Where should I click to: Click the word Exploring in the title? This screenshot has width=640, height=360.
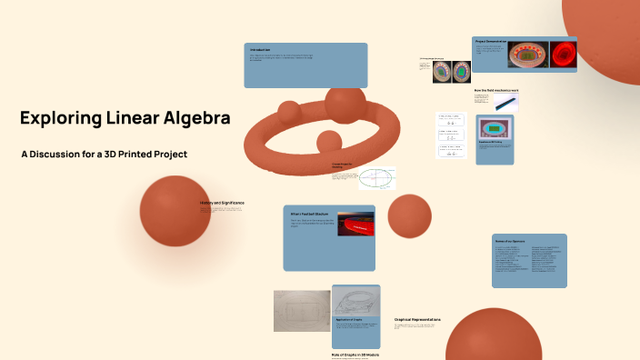click(57, 118)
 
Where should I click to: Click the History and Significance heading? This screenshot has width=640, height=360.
click(222, 203)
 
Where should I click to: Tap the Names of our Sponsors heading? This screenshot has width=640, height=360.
click(512, 241)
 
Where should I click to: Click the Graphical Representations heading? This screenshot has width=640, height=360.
click(418, 319)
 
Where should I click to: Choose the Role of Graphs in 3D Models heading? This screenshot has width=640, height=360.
click(355, 354)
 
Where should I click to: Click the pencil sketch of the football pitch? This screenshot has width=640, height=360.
click(301, 312)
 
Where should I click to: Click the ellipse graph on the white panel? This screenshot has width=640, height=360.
click(375, 177)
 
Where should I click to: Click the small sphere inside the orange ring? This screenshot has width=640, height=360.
click(328, 142)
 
